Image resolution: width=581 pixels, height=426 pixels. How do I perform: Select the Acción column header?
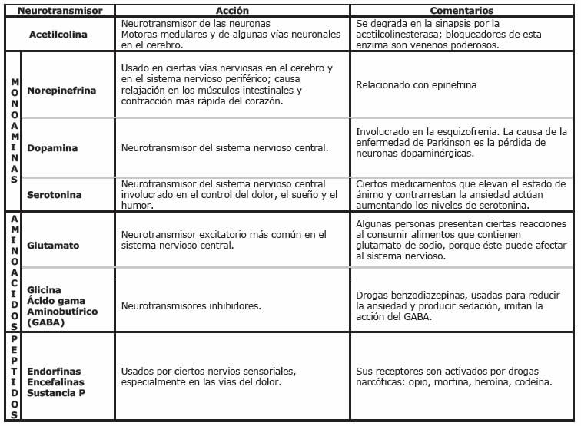pos(232,12)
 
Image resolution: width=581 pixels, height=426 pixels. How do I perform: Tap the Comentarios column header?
pos(462,12)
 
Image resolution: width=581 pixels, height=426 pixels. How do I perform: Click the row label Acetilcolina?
pos(58,35)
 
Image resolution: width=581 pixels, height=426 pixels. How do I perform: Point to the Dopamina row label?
pos(52,147)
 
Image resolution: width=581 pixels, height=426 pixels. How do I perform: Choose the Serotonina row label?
pos(55,195)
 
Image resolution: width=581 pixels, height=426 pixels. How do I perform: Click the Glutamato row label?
pos(54,246)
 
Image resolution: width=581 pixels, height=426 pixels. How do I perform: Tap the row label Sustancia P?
pos(56,392)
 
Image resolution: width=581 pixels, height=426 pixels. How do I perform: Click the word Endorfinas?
pos(55,371)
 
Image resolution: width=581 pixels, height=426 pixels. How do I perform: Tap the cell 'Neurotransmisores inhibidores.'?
pos(191,305)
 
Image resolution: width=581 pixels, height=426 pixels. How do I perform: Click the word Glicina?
pos(45,290)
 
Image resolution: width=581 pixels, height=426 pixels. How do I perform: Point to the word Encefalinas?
pos(56,381)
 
